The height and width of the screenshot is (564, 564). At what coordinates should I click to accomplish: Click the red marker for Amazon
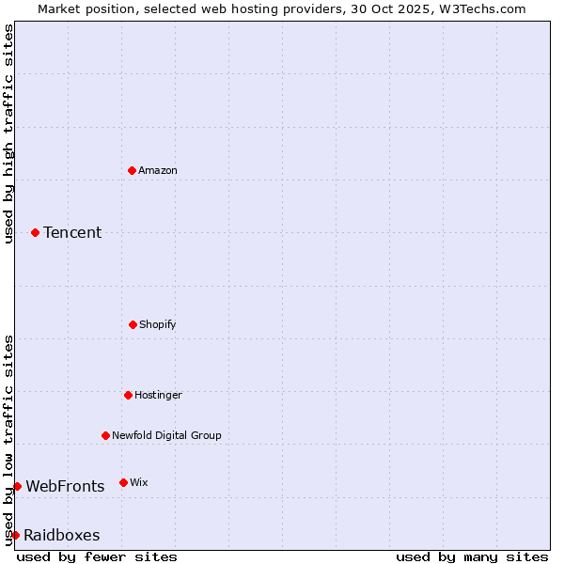[133, 170]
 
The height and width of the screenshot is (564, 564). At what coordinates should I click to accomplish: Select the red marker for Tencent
[36, 232]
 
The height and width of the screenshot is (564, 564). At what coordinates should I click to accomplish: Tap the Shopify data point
[133, 324]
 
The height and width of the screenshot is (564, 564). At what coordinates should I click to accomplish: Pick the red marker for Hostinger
[128, 395]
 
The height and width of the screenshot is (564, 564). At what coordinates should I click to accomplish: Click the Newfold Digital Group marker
[105, 435]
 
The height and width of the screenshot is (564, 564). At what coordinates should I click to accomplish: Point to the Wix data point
[123, 482]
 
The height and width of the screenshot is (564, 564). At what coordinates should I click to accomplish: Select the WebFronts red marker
[17, 486]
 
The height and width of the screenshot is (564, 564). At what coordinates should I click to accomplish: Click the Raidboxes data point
[15, 535]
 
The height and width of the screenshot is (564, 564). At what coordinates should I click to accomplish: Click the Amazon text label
[158, 170]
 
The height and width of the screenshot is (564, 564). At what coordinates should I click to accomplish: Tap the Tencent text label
[72, 232]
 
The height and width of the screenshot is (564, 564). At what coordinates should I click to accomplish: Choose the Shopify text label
[158, 324]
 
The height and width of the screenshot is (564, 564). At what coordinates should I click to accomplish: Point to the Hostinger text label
[158, 395]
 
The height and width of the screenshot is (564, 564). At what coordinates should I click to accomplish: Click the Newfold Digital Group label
[167, 435]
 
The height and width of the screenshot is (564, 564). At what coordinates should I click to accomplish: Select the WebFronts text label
[65, 486]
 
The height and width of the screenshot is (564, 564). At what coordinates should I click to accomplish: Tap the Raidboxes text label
[62, 535]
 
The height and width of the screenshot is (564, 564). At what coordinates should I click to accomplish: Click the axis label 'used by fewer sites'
[97, 556]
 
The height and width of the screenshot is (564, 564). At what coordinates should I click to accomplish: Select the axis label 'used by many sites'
[472, 556]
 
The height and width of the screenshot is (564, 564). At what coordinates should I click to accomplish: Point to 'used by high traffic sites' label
[8, 133]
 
